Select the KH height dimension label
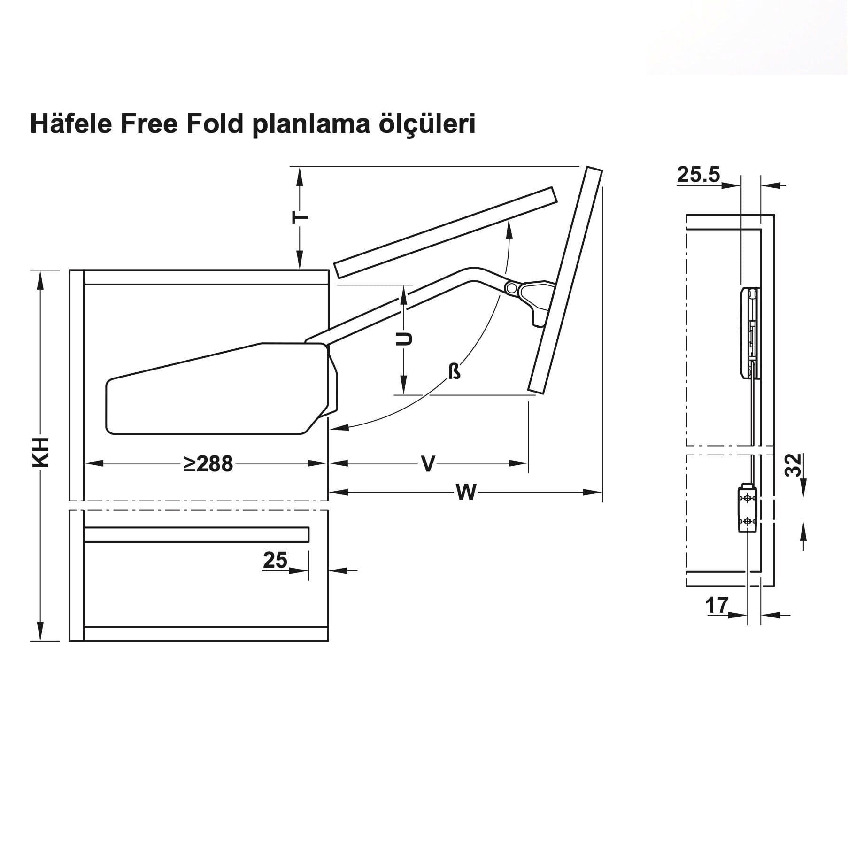click(x=41, y=452)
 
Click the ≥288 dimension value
click(x=208, y=464)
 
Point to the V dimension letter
click(x=428, y=463)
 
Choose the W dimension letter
click(x=466, y=493)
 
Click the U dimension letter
click(x=403, y=339)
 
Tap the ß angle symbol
click(x=454, y=372)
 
